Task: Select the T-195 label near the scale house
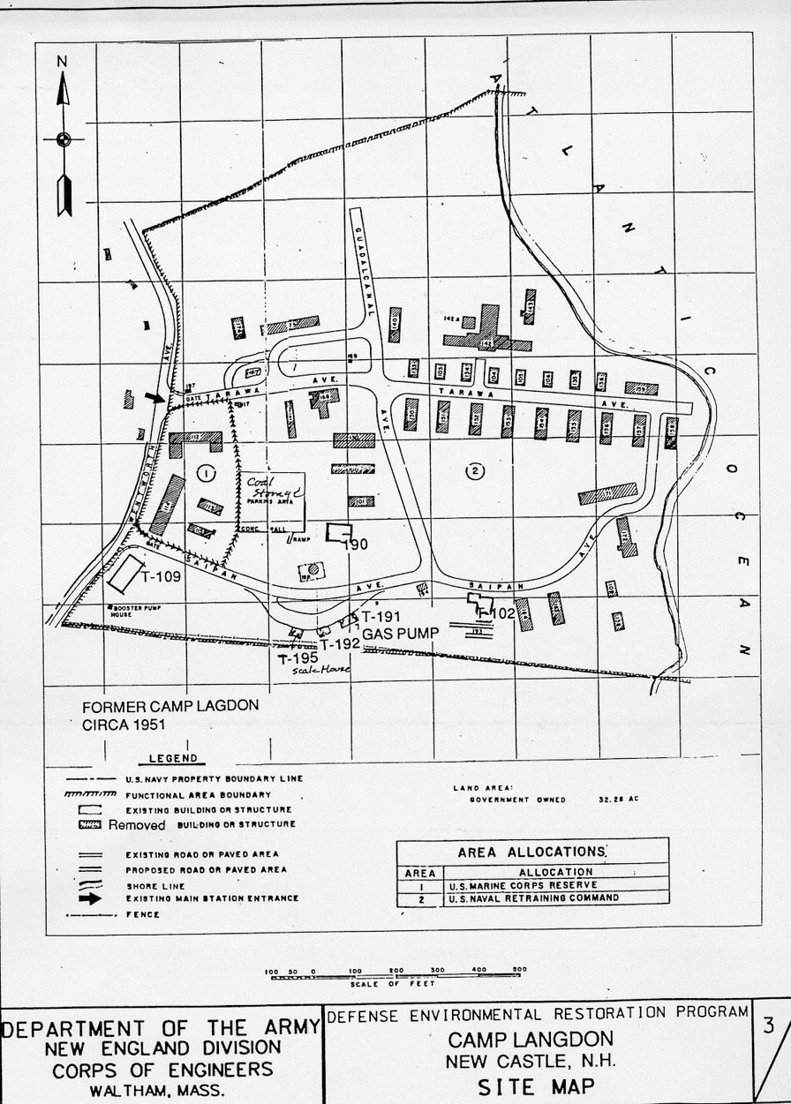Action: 298,658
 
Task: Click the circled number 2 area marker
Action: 475,471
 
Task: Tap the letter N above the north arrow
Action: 62,61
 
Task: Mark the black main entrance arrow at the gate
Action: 154,398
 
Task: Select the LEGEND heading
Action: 173,758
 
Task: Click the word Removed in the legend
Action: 137,825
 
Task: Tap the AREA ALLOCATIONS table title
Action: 531,852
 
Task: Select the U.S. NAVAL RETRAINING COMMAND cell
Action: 533,897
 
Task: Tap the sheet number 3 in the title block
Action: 769,1025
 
